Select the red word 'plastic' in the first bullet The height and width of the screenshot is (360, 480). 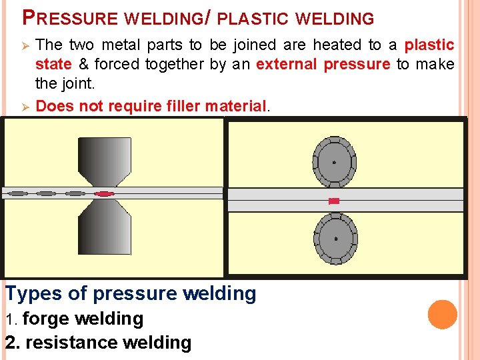coord(430,45)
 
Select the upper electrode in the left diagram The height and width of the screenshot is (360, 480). coord(105,160)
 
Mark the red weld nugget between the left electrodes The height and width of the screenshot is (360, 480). coord(105,193)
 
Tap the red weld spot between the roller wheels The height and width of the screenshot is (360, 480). coord(335,201)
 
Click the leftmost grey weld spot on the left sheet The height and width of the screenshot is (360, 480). coord(18,193)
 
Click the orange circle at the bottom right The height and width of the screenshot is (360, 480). coord(443,315)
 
